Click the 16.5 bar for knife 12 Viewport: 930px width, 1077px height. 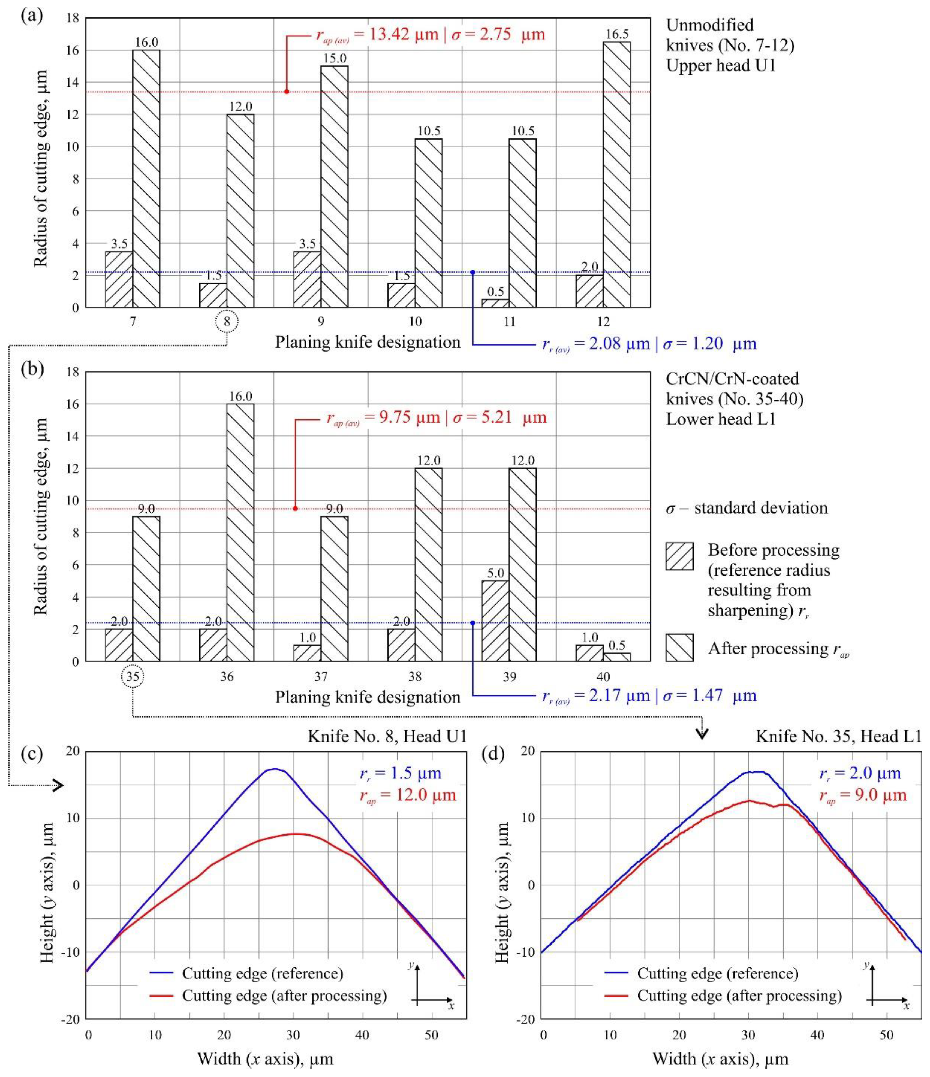[617, 174]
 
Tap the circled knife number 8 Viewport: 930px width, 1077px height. [227, 322]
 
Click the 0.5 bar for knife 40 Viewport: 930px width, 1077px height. [617, 657]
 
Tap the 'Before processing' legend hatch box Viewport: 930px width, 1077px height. [679, 556]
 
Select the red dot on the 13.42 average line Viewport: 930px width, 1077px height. [287, 92]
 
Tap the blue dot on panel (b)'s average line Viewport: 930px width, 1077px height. [472, 623]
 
